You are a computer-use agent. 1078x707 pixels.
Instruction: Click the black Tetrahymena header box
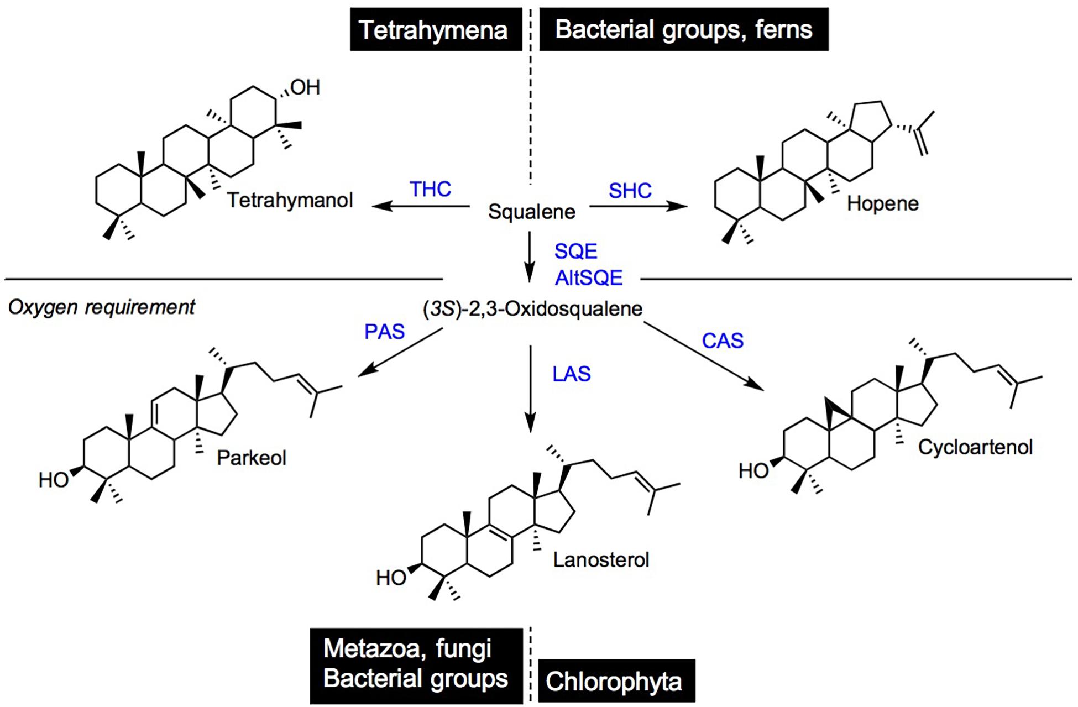point(435,29)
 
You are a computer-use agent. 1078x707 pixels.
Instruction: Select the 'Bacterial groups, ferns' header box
point(683,29)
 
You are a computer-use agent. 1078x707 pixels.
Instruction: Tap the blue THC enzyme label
point(430,189)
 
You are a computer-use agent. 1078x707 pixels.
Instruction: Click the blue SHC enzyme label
point(630,191)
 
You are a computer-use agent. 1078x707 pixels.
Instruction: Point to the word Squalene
point(531,212)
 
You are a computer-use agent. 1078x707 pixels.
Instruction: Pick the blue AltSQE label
point(589,277)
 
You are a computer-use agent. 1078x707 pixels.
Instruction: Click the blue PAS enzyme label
point(385,332)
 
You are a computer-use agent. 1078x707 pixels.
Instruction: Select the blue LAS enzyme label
point(572,374)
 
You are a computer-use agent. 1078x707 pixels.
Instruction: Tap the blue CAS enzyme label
point(723,341)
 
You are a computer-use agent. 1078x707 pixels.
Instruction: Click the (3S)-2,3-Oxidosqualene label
point(533,308)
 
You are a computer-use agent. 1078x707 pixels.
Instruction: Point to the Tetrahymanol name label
point(290,200)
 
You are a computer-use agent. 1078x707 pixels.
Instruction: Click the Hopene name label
point(882,203)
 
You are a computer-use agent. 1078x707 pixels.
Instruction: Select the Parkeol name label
point(252,458)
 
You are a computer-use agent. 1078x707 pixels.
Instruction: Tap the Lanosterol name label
point(601,560)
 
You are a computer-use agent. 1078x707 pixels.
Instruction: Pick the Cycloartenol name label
point(975,447)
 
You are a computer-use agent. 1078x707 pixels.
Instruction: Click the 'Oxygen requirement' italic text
point(101,307)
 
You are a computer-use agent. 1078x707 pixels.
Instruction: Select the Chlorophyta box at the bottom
point(616,681)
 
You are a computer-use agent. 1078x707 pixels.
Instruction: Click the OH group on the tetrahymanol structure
point(305,87)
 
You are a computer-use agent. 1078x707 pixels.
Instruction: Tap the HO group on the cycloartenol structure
point(753,471)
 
